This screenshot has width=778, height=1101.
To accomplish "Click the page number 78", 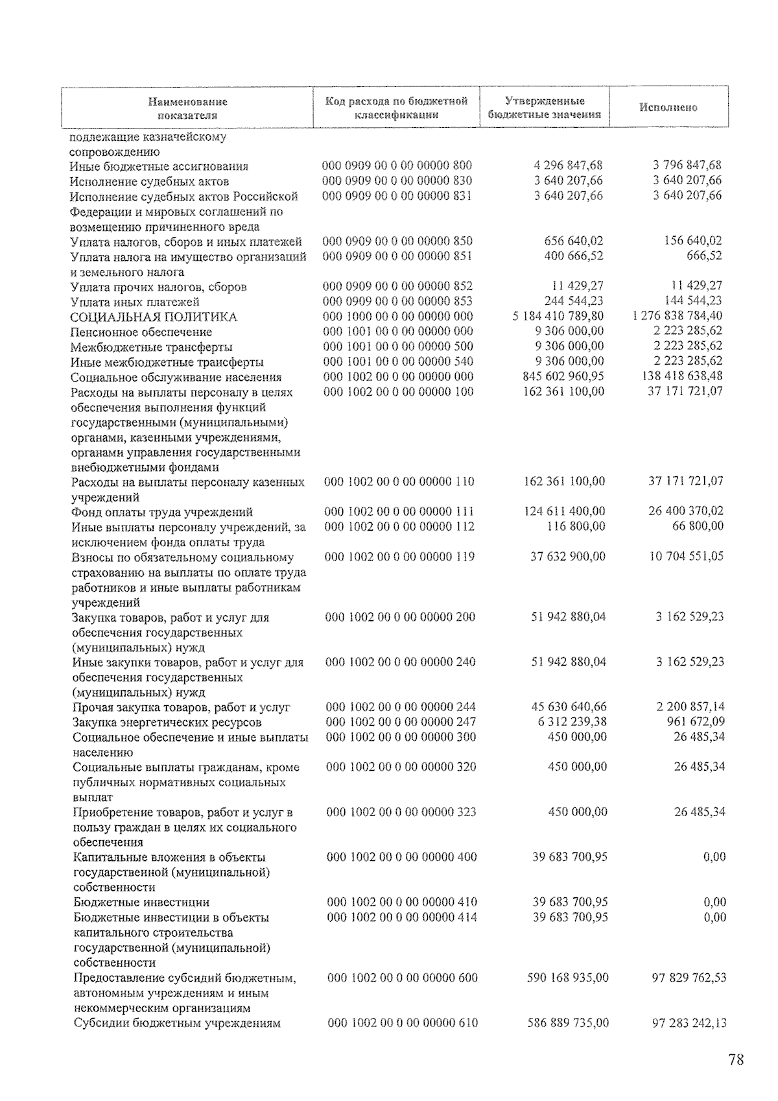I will [x=735, y=1060].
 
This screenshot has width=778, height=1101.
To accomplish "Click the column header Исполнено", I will [x=668, y=108].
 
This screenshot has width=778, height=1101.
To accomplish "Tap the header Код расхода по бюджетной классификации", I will [x=397, y=108].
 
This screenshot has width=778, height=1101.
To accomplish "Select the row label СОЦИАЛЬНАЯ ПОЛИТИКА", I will [x=154, y=317].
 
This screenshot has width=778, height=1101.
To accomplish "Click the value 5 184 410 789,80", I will [x=558, y=316].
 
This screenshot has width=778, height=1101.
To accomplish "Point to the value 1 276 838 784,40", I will [x=677, y=316].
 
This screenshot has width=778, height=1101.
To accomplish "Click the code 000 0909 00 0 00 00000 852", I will [x=397, y=286].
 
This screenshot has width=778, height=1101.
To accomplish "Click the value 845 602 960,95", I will [x=563, y=376].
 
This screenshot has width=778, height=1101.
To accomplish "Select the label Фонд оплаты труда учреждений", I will [x=162, y=512].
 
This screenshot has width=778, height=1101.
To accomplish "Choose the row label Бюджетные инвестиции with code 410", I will [x=141, y=902].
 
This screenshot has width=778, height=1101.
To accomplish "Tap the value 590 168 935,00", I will [x=567, y=978].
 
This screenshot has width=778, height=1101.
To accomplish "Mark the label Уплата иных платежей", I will [x=135, y=302].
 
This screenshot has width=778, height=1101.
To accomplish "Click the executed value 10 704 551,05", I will [x=686, y=556].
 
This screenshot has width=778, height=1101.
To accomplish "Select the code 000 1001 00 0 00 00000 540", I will [x=397, y=361].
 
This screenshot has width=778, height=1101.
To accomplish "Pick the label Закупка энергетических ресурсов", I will [x=167, y=722].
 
